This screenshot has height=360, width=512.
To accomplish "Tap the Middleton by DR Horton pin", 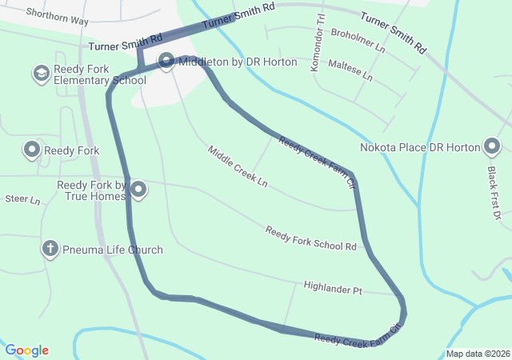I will (x=166, y=61).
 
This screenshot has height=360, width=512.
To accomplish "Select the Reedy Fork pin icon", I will (x=32, y=150).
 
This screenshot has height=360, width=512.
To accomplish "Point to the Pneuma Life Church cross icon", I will (x=50, y=250).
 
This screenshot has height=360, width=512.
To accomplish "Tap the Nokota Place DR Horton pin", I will (x=492, y=147).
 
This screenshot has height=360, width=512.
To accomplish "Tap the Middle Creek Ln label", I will (x=238, y=166).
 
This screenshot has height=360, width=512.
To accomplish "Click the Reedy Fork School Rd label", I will (x=310, y=238).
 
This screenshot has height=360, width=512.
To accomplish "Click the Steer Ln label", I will (x=22, y=198).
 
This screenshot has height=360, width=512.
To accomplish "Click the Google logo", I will (x=26, y=350).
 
